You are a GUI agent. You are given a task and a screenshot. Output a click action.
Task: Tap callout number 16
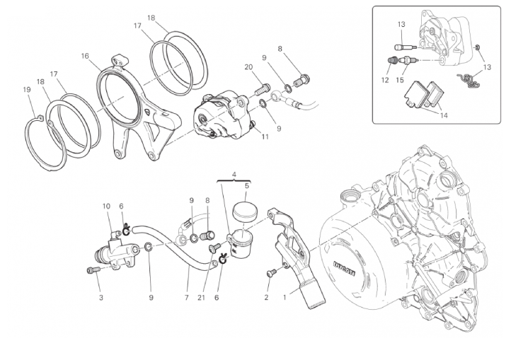[85, 56]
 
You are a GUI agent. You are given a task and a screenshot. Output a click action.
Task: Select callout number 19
[26, 90]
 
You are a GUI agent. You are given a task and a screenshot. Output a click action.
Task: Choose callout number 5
[246, 187]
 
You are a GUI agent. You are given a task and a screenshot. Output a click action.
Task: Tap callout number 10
[107, 207]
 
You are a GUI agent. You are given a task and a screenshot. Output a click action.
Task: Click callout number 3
[101, 298]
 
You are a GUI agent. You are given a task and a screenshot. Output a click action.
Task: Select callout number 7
[186, 298]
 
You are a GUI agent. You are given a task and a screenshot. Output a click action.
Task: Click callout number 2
[266, 298]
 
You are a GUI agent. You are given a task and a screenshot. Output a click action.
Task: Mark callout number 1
[285, 298]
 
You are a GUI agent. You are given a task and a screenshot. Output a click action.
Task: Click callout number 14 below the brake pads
[444, 114]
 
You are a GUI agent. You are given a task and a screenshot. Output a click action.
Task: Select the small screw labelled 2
[269, 272]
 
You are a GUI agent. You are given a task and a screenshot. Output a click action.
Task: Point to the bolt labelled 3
[91, 270]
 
